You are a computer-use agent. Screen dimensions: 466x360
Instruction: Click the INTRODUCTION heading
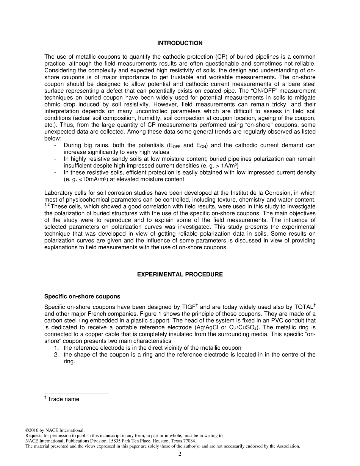tap(180, 43)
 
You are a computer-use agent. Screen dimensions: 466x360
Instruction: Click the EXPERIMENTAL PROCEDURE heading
tap(180, 274)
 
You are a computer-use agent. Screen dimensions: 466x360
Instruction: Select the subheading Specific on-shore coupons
tap(82, 296)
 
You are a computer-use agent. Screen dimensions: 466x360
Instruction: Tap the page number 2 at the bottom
tap(180, 454)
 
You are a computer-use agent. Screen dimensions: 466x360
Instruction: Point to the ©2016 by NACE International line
tap(55, 430)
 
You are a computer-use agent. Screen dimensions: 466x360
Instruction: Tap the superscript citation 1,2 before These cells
tap(47, 205)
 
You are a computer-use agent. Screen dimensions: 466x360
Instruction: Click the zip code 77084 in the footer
tap(189, 441)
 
